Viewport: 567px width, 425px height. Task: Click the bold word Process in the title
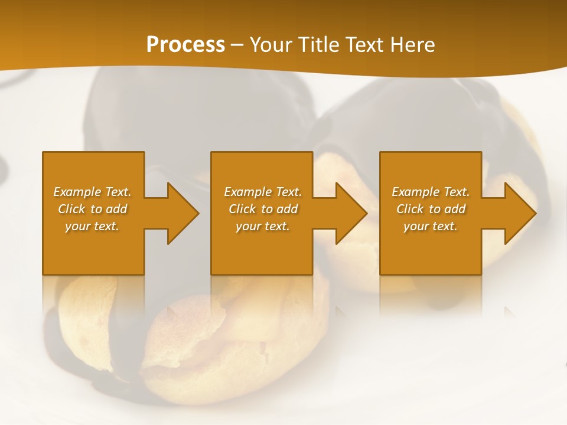185,45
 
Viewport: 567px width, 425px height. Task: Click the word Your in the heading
271,45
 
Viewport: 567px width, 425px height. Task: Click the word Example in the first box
77,192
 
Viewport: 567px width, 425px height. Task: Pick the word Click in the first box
71,209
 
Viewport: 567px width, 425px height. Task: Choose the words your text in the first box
92,226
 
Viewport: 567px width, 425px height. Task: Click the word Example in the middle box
247,192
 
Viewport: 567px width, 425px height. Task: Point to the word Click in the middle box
242,209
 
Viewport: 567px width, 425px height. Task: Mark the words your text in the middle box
263,226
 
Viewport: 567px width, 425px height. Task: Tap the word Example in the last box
415,192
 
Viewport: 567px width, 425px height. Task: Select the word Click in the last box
410,209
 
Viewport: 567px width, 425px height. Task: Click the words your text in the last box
431,226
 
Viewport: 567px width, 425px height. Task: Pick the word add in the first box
116,209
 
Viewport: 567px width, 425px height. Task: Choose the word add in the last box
455,209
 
